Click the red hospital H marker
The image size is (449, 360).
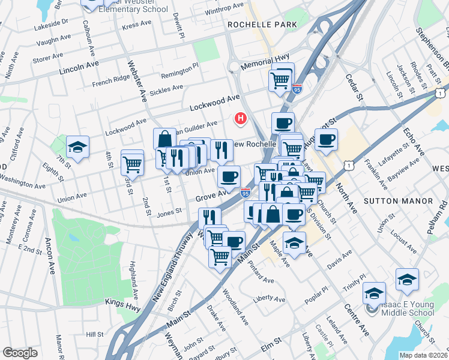coord(241,119)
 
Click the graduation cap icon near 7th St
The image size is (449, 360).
coord(78,147)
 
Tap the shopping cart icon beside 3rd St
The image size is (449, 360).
coord(132,162)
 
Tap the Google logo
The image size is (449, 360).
coord(20,353)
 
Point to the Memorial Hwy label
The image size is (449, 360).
coord(265,62)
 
